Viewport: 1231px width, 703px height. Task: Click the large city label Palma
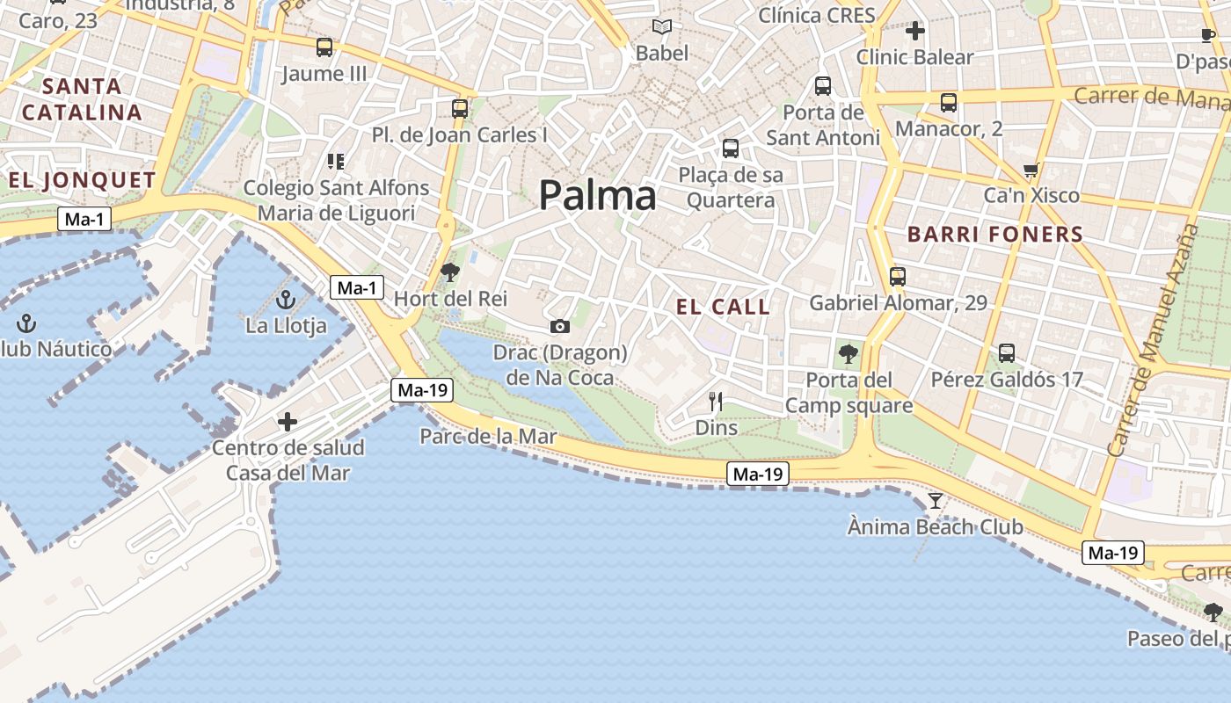597,195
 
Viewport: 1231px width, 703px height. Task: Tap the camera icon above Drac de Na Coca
559,327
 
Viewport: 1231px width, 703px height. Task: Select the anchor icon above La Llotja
285,301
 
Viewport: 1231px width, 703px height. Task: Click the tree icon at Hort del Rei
450,272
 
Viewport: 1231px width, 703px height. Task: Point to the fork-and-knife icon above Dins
716,402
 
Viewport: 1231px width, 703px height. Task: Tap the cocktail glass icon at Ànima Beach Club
935,501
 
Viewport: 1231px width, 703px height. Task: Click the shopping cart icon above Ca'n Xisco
1031,170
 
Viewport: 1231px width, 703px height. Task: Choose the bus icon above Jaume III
324,47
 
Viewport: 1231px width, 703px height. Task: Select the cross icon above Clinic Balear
914,32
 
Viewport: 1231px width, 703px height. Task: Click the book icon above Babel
662,27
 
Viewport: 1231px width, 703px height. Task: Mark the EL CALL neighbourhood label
723,307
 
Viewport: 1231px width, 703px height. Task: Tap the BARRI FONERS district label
994,235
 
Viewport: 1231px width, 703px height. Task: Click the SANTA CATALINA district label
82,99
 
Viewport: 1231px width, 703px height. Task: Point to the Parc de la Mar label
488,436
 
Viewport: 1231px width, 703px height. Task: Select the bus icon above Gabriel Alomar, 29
897,277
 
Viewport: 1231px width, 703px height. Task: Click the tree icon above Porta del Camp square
848,354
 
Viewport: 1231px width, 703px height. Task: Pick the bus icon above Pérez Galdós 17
1007,353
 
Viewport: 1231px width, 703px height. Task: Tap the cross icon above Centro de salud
288,422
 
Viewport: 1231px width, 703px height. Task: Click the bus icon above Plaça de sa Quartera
730,149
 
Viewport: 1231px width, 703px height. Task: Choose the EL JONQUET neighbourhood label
82,181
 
